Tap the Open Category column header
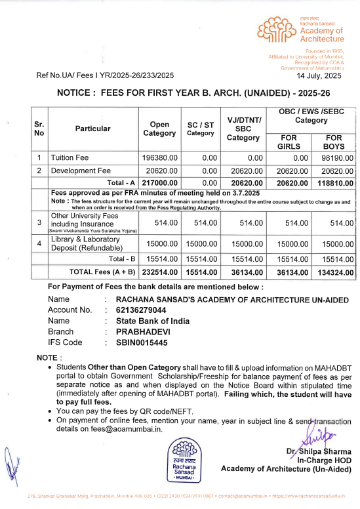click(x=159, y=129)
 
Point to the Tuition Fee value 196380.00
click(x=160, y=158)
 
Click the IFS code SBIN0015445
click(x=142, y=342)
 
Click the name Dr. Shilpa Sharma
click(x=318, y=451)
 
